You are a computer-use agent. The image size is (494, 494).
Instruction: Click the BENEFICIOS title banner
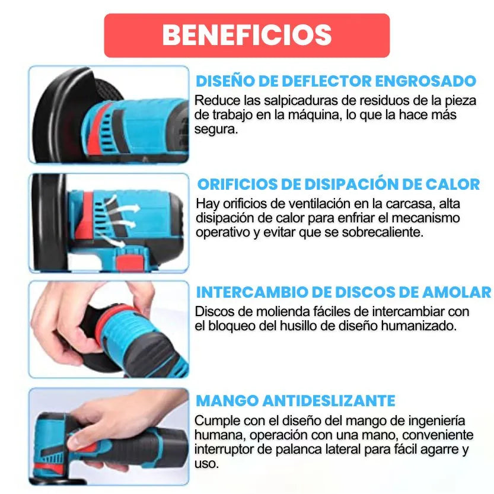click(x=247, y=35)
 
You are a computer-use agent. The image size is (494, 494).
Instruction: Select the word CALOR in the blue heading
click(x=451, y=184)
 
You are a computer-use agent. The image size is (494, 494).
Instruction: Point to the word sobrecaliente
click(x=386, y=232)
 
